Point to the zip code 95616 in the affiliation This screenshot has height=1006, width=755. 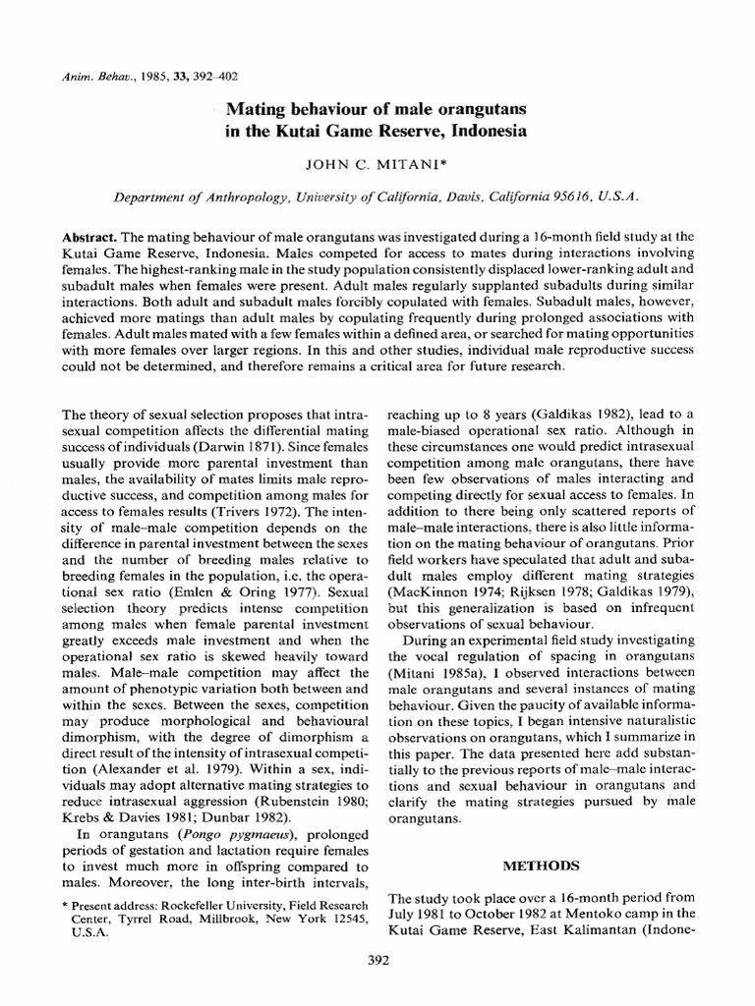tap(572, 196)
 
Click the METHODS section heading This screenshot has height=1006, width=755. tap(544, 866)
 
